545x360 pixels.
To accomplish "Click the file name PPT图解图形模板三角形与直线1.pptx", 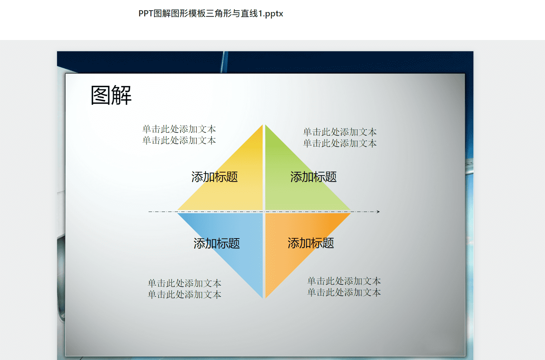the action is [211, 14].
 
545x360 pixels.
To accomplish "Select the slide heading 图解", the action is [111, 95].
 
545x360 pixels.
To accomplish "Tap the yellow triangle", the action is [234, 185].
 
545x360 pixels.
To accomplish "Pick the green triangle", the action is [292, 185].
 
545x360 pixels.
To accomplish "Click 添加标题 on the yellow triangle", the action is [214, 177].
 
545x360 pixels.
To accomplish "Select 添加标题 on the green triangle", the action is [313, 177].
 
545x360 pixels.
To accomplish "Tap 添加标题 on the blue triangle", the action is [217, 243].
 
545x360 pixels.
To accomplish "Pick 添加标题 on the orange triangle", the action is [311, 243].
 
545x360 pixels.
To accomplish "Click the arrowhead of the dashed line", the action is [378, 212].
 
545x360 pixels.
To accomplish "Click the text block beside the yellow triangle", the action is [179, 135].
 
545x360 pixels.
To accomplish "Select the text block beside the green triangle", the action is [340, 137].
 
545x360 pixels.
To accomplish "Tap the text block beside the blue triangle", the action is [185, 289].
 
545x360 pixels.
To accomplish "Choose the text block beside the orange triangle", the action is [344, 287].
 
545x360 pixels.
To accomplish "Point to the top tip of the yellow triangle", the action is [263, 125].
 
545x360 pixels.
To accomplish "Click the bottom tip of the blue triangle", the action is [263, 298].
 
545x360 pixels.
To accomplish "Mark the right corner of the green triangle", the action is [351, 210].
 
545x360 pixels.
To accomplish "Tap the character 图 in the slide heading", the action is [101, 95].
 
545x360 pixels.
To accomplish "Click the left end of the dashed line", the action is [149, 212].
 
